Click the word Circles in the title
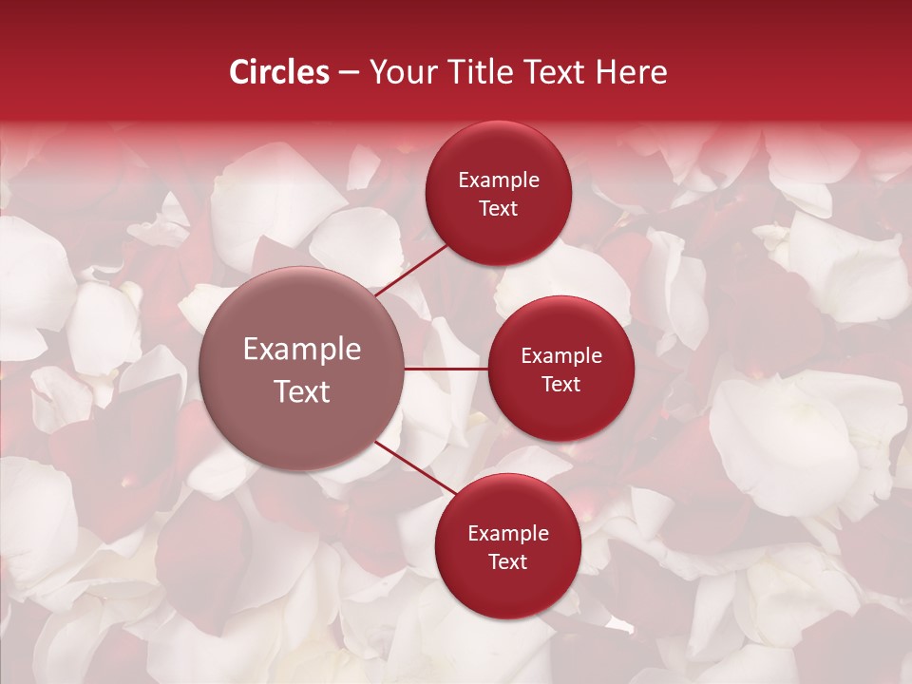pos(278,72)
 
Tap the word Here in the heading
pos(631,72)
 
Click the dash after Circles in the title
pos(349,73)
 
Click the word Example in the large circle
pos(302,350)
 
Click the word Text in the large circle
pos(302,391)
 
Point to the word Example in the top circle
pos(499,180)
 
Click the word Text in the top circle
pos(499,209)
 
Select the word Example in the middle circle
pos(561,356)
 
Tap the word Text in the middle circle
pos(561,385)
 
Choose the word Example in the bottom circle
pos(508,534)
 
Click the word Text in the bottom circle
pos(508,562)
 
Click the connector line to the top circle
pos(412,270)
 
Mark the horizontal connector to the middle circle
pos(446,369)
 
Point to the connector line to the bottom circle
pos(414,467)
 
